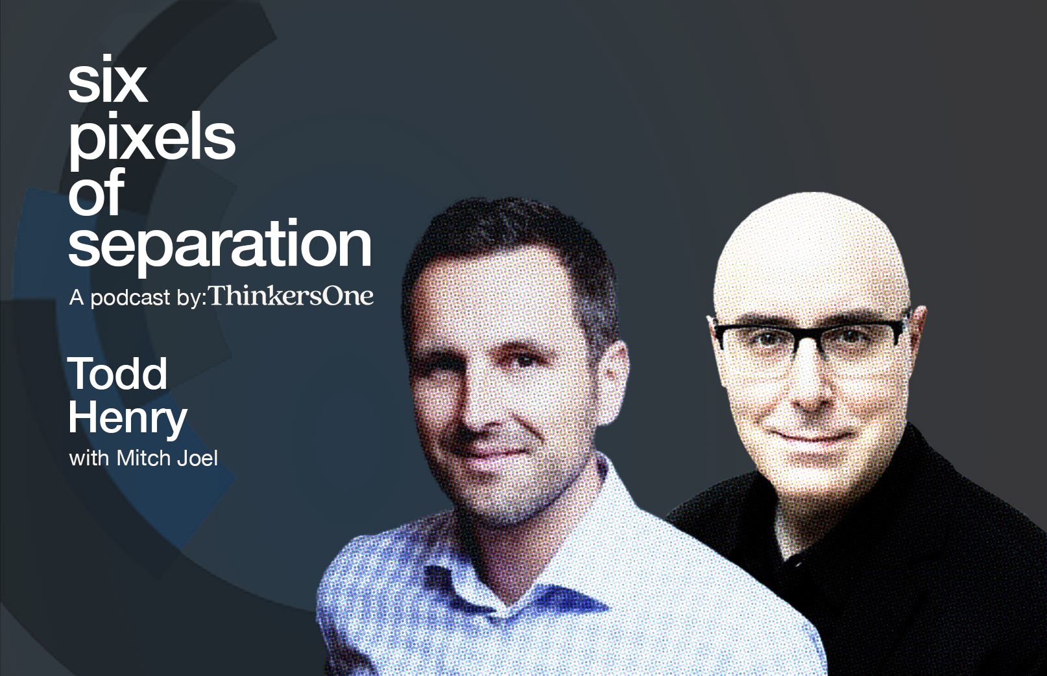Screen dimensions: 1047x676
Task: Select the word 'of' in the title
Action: (97, 191)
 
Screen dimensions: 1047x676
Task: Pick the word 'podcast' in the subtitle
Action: (130, 298)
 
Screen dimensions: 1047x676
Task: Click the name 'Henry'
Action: (128, 418)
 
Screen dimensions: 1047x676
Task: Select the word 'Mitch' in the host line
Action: (143, 458)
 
